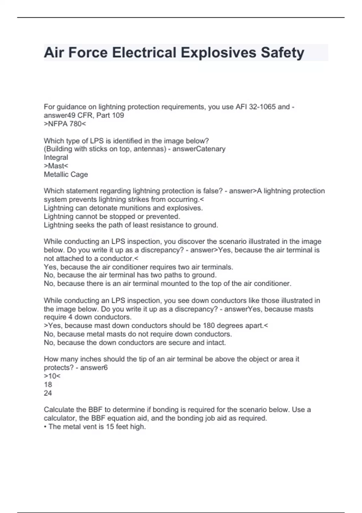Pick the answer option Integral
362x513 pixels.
[x=56, y=158]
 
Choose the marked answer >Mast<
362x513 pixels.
[x=56, y=166]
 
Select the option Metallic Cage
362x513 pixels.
[x=66, y=174]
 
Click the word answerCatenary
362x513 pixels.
[x=199, y=149]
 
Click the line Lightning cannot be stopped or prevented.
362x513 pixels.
[x=112, y=216]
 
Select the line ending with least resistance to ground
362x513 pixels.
[x=131, y=225]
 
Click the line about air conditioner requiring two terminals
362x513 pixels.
[x=138, y=267]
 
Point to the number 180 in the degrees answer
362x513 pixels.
[x=209, y=326]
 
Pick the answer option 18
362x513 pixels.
[x=48, y=384]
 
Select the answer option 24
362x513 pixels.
[x=48, y=393]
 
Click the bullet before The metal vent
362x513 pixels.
[x=45, y=427]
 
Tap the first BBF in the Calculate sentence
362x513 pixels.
[x=95, y=410]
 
